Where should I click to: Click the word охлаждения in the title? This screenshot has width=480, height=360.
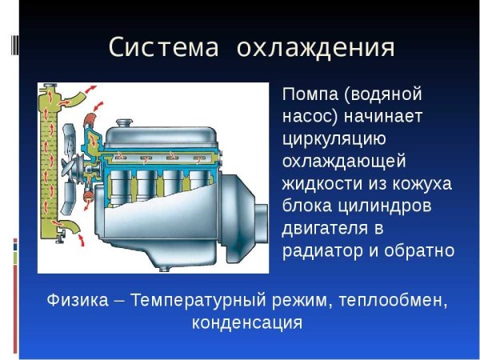tap(316, 47)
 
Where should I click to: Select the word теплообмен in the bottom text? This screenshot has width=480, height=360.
tap(387, 302)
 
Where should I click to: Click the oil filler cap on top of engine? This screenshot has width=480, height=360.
tap(123, 123)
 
